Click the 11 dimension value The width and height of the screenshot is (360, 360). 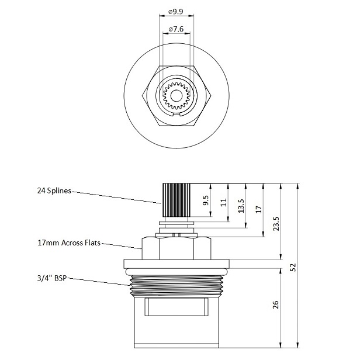tap(224, 202)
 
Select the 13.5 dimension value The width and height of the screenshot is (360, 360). tap(242, 207)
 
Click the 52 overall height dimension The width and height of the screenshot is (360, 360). tap(294, 267)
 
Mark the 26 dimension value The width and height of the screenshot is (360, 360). tap(276, 304)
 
